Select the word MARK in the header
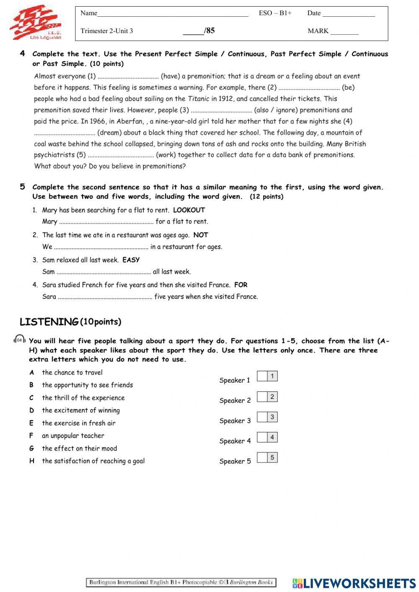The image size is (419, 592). (318, 31)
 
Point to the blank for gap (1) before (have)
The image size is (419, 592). (128, 77)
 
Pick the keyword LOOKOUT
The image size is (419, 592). (189, 210)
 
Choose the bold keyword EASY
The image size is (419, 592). (131, 260)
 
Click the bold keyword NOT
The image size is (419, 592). (201, 235)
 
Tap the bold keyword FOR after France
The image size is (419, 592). (241, 285)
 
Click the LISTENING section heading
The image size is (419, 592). (49, 322)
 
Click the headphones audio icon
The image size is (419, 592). (19, 340)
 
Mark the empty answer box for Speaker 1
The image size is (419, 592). (262, 376)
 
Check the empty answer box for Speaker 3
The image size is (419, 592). (262, 417)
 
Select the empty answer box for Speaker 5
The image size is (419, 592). (262, 458)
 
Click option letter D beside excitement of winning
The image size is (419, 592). (31, 411)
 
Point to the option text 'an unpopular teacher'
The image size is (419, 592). (73, 436)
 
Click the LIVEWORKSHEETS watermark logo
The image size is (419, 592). (354, 583)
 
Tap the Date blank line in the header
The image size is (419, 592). (348, 15)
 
